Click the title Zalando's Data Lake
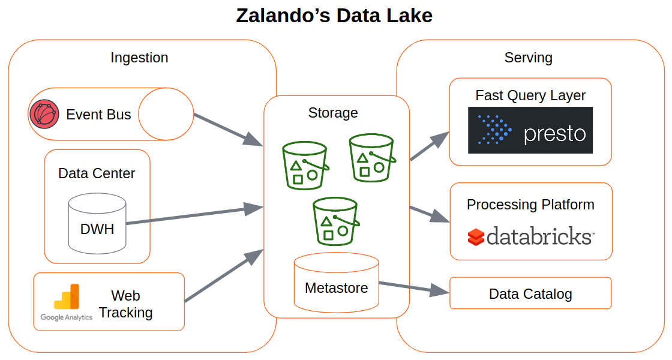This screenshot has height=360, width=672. point(334,16)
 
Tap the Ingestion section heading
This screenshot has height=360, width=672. point(139,58)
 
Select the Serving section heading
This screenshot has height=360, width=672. point(528,58)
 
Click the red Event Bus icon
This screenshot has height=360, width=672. point(44,114)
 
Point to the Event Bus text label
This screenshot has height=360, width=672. point(98,115)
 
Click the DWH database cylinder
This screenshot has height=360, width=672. point(97,223)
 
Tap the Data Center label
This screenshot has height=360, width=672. point(97,173)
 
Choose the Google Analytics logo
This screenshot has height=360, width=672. point(67,302)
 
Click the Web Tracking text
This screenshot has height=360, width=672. point(126,304)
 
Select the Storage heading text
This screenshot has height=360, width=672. point(333,113)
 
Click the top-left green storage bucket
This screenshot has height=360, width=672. point(305,166)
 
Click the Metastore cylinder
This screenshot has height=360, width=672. point(336,282)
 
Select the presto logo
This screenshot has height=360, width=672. point(530,130)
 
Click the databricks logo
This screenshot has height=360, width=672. point(530,236)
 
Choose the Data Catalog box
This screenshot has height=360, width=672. point(530,293)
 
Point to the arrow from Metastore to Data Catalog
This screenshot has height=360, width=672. point(414,287)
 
